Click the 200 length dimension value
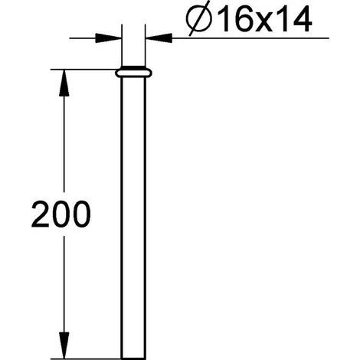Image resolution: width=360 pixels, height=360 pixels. tap(61, 214)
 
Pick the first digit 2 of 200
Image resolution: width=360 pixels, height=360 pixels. tap(41, 214)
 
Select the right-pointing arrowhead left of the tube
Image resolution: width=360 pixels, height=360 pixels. tap(108, 38)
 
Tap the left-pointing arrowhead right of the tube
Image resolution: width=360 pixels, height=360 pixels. tap(159, 38)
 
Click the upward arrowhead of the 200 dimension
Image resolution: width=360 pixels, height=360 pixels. tap(64, 83)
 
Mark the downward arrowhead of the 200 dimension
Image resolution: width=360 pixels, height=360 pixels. tap(64, 345)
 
